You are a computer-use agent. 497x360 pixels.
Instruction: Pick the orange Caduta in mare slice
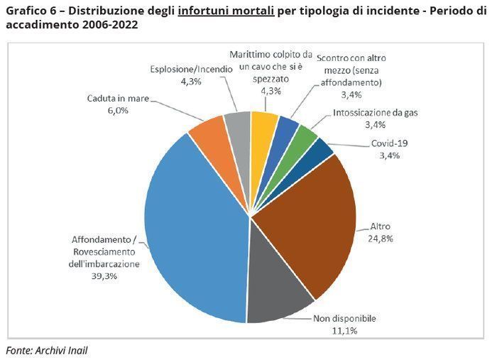pos(207,131)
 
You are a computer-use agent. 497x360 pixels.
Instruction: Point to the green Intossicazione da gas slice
pos(304,135)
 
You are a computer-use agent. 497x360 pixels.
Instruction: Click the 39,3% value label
pos(104,276)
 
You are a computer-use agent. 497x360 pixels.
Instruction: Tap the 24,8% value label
pos(381,239)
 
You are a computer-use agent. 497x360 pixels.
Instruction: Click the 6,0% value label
pos(117,110)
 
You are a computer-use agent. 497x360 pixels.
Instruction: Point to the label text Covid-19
pos(390,143)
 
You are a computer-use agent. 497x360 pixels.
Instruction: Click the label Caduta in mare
pos(118,99)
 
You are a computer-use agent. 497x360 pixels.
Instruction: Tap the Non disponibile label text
pos(345,318)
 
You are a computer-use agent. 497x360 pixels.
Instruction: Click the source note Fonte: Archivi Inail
pos(47,350)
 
